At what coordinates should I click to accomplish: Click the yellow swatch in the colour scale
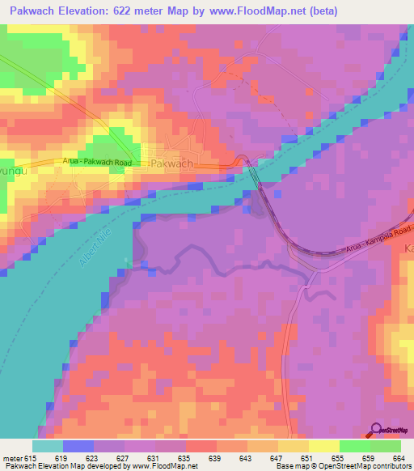pos(323,446)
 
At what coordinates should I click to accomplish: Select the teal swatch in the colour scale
pos(48,446)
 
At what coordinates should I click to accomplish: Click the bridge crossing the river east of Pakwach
pos(255,176)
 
